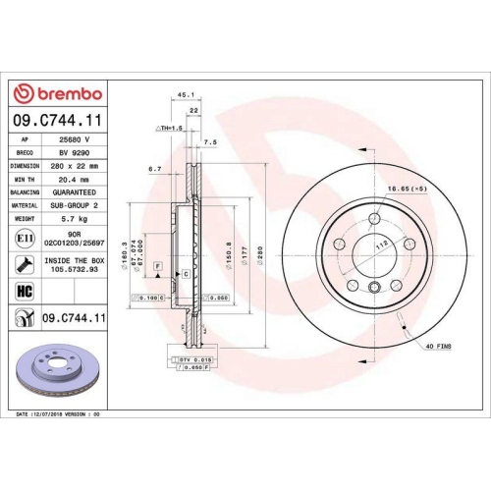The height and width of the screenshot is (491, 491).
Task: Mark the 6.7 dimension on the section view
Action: tap(154, 169)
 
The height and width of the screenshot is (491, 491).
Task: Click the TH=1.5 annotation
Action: tap(168, 129)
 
